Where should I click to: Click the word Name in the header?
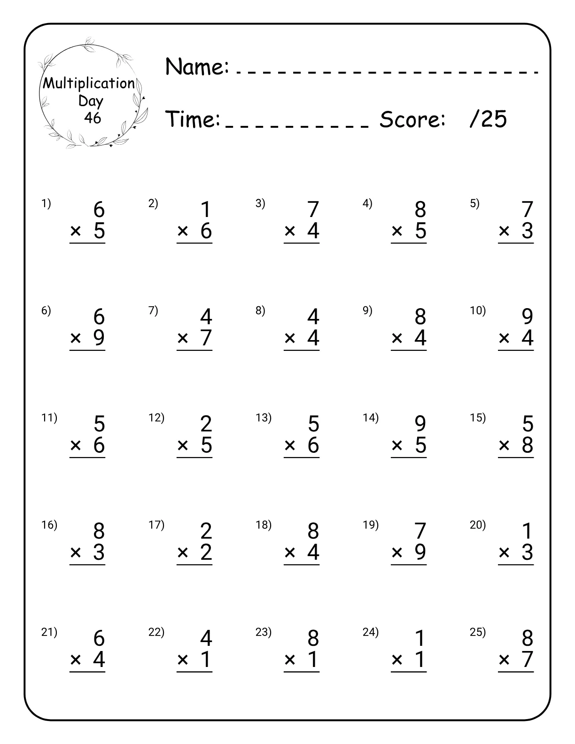click(x=197, y=67)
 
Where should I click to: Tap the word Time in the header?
click(x=193, y=119)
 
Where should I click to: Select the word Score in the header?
click(x=412, y=119)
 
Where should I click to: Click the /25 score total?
click(x=488, y=119)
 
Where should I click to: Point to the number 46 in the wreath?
click(x=93, y=117)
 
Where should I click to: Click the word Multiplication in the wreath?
click(x=89, y=84)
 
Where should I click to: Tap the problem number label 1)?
click(x=46, y=204)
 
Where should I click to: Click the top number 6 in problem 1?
click(x=99, y=209)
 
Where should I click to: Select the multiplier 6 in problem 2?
click(x=206, y=231)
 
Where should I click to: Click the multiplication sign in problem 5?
click(x=504, y=231)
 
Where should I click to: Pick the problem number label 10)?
click(x=478, y=311)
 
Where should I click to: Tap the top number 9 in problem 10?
click(x=528, y=317)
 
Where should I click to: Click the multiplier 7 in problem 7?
click(x=206, y=338)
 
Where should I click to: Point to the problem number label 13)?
click(x=264, y=418)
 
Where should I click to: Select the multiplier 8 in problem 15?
click(x=528, y=445)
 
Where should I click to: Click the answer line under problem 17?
click(x=194, y=565)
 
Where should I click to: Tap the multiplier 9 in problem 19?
click(x=420, y=552)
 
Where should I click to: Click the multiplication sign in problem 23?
click(x=290, y=660)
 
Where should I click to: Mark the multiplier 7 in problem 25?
click(x=528, y=659)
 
